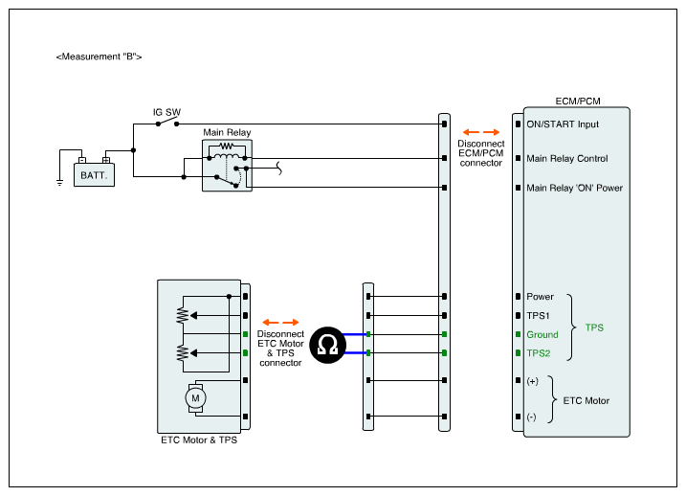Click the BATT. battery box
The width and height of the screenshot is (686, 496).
point(94,175)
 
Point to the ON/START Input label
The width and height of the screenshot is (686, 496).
point(563,124)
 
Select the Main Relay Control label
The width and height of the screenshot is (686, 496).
point(567,159)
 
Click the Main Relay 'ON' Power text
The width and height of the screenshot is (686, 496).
point(574,188)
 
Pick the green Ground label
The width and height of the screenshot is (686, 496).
point(542,335)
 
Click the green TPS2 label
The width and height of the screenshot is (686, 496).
point(540,353)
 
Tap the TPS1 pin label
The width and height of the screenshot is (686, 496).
point(539,315)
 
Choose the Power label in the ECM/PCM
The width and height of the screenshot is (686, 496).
point(540,297)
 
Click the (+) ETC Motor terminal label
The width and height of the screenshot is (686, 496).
point(532,381)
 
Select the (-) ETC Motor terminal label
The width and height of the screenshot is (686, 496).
point(532,417)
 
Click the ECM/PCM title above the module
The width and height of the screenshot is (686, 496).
point(578,101)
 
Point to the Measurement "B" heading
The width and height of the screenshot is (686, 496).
point(100,57)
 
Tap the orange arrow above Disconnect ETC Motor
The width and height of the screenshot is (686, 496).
point(280,322)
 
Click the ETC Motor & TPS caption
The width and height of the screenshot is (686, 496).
point(199,440)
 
